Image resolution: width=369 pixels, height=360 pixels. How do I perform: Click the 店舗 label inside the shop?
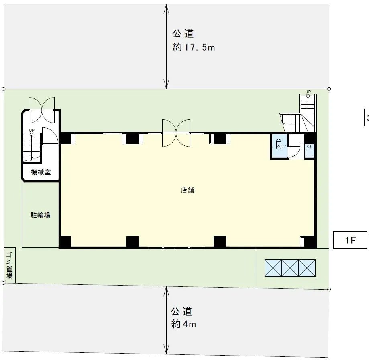click(188, 190)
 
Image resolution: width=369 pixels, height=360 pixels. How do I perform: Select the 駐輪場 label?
click(41, 215)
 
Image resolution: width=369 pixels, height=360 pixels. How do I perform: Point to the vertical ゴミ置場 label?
click(9, 265)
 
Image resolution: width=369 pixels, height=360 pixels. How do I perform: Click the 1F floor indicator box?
click(351, 241)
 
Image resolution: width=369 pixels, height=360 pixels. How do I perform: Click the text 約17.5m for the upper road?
click(194, 47)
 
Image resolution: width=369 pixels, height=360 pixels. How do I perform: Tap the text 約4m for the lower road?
click(183, 324)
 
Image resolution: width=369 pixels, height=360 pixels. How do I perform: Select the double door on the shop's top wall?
click(176, 133)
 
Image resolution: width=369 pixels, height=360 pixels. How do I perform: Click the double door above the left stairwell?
click(42, 110)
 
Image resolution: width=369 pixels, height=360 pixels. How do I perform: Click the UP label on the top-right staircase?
click(308, 92)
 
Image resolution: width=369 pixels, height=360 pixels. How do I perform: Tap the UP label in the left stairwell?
click(31, 130)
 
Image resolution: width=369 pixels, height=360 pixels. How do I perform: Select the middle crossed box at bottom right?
click(290, 268)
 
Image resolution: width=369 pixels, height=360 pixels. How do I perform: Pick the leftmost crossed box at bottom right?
click(273, 268)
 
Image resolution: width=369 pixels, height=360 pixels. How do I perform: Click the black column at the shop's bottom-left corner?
click(65, 242)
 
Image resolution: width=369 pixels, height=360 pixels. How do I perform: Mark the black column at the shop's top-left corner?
click(65, 138)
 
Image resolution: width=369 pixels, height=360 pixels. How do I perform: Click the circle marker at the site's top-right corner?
click(329, 89)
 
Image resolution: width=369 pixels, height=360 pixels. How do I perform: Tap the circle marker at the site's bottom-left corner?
click(4, 283)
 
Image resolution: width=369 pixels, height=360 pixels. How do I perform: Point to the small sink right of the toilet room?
click(309, 152)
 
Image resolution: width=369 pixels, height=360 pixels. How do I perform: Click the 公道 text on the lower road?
click(181, 311)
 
